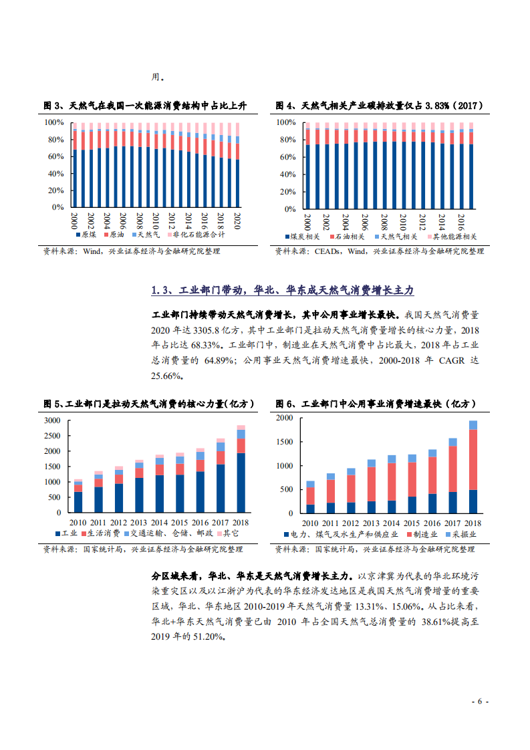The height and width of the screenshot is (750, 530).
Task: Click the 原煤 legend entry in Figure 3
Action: pos(88,235)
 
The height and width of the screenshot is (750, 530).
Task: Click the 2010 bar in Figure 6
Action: pos(310,498)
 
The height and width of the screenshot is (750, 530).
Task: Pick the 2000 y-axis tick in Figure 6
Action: pos(285,418)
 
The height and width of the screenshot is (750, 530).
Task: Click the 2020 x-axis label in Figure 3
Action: pos(237,220)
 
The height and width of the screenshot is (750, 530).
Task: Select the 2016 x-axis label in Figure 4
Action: pos(461,221)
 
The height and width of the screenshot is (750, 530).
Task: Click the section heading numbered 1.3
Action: pos(283,290)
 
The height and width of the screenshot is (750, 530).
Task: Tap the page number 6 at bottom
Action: pos(481,701)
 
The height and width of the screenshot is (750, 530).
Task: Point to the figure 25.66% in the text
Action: pos(167,376)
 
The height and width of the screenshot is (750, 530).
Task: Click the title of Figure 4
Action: pos(380,106)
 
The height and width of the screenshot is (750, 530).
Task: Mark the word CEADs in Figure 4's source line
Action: pos(329,251)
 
